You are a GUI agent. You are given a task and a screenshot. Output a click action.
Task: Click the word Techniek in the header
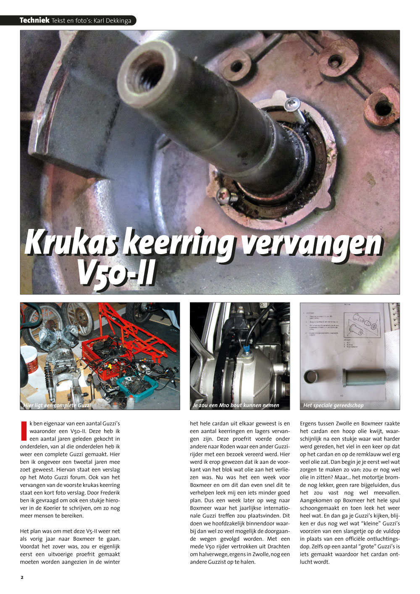click(x=34, y=20)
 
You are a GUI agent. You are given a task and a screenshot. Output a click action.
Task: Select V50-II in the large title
click(x=116, y=273)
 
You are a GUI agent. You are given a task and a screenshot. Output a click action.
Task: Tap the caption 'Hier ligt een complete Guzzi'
click(x=57, y=405)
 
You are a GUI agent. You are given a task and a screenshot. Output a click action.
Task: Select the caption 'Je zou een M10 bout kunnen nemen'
click(x=236, y=405)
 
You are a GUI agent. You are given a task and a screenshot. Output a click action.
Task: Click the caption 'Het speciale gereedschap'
click(x=333, y=405)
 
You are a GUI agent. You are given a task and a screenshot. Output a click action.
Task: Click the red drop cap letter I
click(x=24, y=431)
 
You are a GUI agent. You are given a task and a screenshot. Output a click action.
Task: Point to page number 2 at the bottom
click(x=22, y=577)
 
